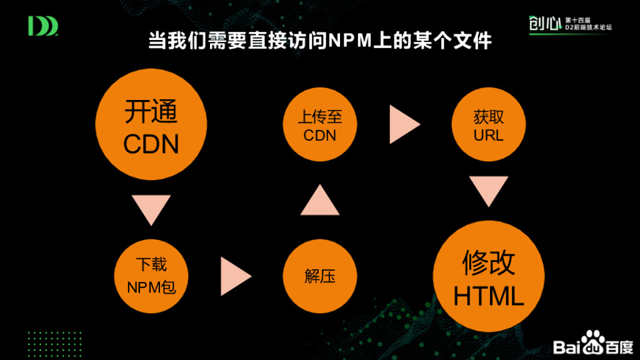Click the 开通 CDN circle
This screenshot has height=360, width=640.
tap(151, 127)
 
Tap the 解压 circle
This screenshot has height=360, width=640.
tap(321, 276)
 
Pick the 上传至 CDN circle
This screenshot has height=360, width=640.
tap(320, 126)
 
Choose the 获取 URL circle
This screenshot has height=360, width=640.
tap(488, 126)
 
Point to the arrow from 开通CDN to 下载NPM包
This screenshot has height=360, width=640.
tap(151, 209)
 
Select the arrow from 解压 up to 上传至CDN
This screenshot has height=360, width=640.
tap(320, 199)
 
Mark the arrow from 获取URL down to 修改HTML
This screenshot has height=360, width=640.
tap(488, 191)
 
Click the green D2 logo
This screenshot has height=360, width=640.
tap(43, 26)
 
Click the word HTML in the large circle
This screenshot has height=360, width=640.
tap(488, 296)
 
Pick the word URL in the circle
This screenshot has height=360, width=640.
tap(488, 136)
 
